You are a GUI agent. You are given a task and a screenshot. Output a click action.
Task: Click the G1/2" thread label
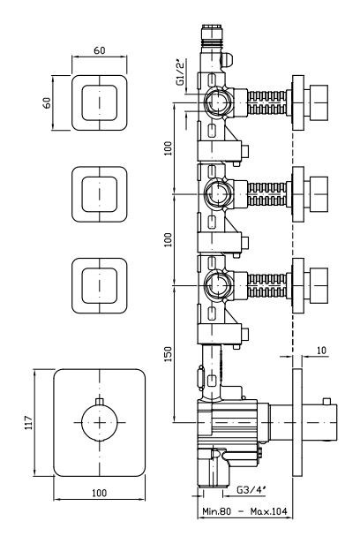click(181, 72)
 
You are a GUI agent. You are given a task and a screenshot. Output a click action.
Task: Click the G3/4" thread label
click(251, 490)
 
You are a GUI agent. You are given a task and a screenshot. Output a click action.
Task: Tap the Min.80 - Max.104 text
click(244, 511)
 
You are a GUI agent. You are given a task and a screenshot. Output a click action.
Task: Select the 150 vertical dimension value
click(168, 354)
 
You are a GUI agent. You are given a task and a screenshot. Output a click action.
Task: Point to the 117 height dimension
click(29, 423)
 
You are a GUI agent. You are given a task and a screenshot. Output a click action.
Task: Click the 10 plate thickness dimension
click(321, 351)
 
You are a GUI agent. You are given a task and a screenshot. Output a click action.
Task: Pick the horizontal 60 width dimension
click(100, 50)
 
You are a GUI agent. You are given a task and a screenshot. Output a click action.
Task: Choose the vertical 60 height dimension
click(47, 102)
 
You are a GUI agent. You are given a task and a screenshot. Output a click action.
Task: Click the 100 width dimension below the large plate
click(99, 493)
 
